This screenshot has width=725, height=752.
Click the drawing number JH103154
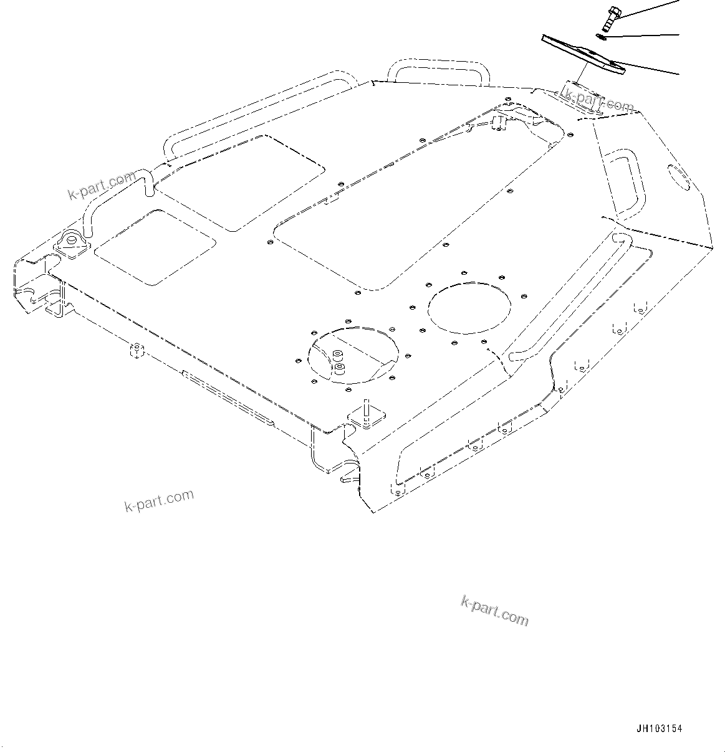(x=659, y=729)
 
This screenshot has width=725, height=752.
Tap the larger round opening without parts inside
(x=469, y=307)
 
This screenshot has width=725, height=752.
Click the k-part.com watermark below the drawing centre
(x=494, y=610)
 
